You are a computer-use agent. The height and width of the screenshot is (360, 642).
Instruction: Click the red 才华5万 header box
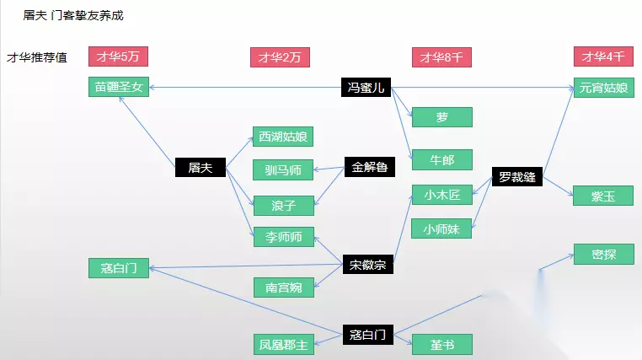click(119, 57)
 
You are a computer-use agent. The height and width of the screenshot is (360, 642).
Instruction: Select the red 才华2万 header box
click(281, 57)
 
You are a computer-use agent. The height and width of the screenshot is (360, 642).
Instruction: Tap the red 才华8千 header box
click(442, 57)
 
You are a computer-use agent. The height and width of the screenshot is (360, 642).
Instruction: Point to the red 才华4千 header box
click(603, 57)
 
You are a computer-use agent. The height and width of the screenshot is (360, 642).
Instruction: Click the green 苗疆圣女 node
click(119, 87)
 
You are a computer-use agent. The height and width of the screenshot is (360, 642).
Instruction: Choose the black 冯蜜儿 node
click(367, 87)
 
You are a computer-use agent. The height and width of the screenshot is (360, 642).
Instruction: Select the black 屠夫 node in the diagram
click(200, 168)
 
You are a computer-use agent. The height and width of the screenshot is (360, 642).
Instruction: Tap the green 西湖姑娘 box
click(283, 137)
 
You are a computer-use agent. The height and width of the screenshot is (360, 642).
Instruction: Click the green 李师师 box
click(283, 237)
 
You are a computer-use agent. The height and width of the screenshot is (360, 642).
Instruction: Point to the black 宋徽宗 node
click(367, 265)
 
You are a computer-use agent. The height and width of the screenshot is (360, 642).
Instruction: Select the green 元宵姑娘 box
click(603, 87)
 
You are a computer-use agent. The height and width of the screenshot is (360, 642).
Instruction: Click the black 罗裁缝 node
click(517, 177)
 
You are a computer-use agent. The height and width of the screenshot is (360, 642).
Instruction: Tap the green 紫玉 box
click(603, 196)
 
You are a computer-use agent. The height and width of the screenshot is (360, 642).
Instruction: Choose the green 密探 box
click(603, 254)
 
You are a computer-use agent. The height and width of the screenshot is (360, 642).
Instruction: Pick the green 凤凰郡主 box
click(283, 344)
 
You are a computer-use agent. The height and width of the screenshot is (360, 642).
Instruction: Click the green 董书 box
click(442, 344)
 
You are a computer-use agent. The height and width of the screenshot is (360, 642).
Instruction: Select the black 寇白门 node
click(367, 334)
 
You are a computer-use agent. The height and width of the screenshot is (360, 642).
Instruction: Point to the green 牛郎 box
click(442, 160)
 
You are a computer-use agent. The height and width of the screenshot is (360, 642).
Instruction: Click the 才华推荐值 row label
click(37, 58)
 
